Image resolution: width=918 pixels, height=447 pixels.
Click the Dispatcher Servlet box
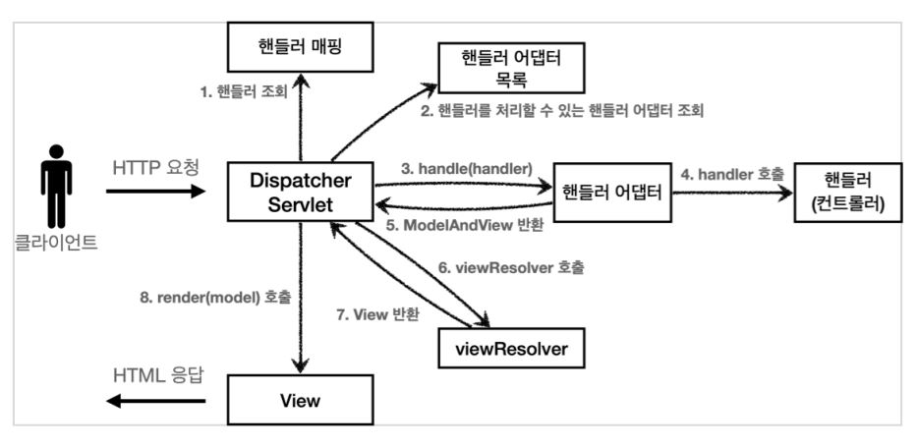(301, 192)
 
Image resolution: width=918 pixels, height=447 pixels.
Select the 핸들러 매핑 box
(300, 47)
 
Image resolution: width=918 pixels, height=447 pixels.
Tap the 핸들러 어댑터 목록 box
(512, 68)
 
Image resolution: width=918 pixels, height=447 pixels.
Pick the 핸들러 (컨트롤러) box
(848, 193)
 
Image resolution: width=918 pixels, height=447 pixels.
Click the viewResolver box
(511, 350)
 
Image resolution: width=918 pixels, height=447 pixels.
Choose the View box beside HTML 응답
(300, 400)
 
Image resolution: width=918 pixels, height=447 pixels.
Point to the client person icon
(56, 186)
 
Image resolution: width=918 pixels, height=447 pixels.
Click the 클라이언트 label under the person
(56, 243)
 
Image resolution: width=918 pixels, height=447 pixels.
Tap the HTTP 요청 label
(156, 168)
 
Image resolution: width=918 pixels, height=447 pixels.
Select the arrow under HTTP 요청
(155, 192)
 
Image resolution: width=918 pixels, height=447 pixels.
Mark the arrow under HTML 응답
(155, 401)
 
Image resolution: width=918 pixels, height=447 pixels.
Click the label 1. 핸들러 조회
(243, 91)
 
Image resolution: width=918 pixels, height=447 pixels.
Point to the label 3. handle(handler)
(467, 169)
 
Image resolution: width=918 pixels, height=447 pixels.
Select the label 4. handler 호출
(732, 174)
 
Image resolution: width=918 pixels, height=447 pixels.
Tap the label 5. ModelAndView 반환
(466, 227)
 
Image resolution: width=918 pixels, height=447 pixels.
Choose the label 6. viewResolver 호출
(511, 267)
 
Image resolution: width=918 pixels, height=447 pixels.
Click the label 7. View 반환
(377, 314)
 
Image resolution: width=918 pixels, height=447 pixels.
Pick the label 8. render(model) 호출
(215, 297)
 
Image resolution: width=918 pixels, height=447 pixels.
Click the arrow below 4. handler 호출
(732, 194)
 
